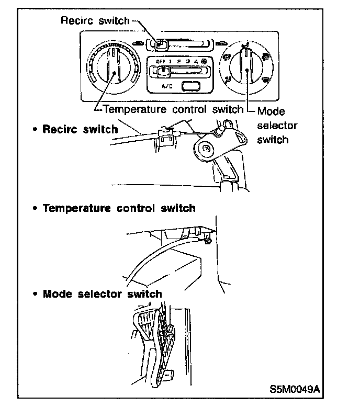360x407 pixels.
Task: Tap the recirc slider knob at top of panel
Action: point(162,45)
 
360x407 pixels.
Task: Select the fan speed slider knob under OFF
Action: point(164,72)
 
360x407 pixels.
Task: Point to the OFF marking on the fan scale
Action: point(160,62)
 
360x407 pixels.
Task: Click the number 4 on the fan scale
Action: point(196,62)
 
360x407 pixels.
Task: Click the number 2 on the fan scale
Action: point(178,62)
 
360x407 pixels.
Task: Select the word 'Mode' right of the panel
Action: point(272,111)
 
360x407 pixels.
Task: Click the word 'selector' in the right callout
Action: point(277,126)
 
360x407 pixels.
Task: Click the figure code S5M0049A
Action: point(294,390)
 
